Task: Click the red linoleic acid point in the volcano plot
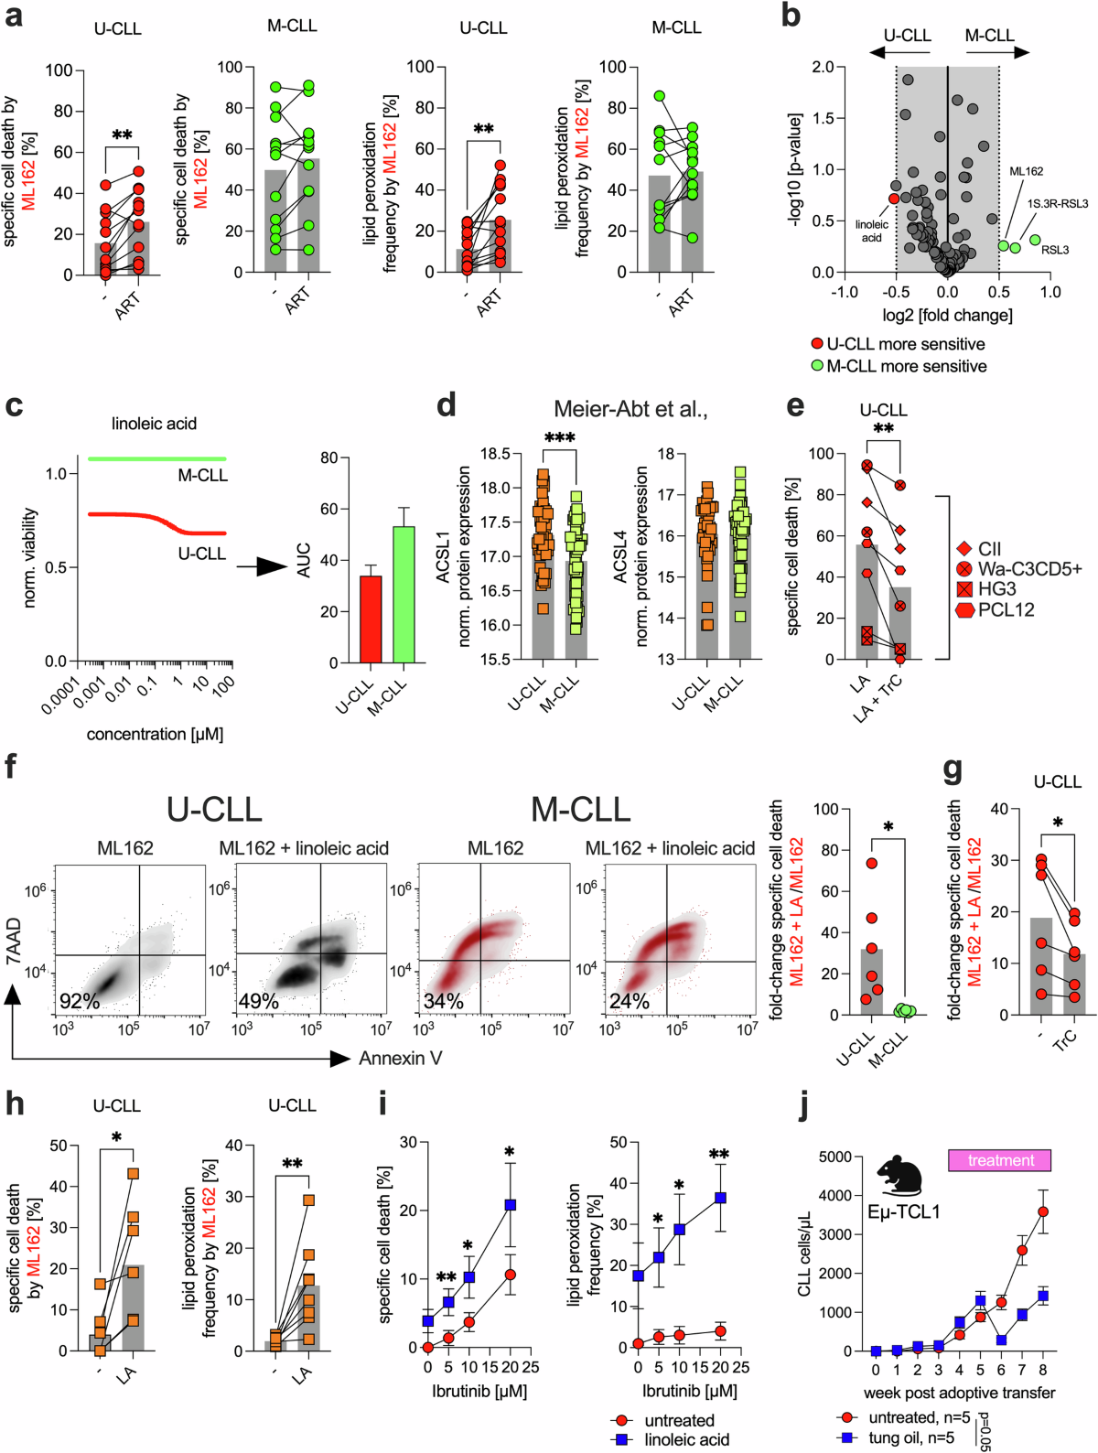pyautogui.click(x=893, y=198)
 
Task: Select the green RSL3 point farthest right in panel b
pyautogui.click(x=1035, y=240)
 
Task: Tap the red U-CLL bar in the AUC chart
pyautogui.click(x=371, y=619)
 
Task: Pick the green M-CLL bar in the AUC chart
pyautogui.click(x=404, y=595)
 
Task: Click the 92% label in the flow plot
pyautogui.click(x=80, y=1001)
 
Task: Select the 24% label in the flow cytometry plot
pyautogui.click(x=630, y=1001)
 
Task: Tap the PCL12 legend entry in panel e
pyautogui.click(x=996, y=609)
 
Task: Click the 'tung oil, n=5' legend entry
pyautogui.click(x=897, y=1437)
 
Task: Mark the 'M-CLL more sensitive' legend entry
pyautogui.click(x=899, y=366)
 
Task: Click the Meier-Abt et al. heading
pyautogui.click(x=630, y=409)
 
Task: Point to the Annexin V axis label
pyautogui.click(x=400, y=1059)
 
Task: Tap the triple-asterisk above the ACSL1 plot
pyautogui.click(x=559, y=436)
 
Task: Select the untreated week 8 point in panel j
pyautogui.click(x=1043, y=1211)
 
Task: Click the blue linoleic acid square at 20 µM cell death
pyautogui.click(x=511, y=1205)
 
